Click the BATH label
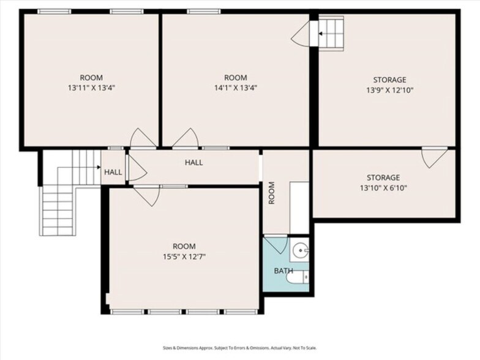[283, 271]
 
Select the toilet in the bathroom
[298, 278]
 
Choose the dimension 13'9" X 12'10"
[389, 91]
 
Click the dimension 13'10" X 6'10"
[383, 187]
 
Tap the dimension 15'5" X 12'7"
[184, 257]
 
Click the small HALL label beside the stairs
[113, 172]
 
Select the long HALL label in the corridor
[193, 162]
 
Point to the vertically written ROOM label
[272, 193]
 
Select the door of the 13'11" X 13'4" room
[143, 138]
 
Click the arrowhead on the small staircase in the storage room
[320, 33]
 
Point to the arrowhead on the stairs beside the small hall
[99, 167]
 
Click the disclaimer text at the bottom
[240, 348]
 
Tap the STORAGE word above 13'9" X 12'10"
[389, 80]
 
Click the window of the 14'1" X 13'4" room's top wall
[204, 12]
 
